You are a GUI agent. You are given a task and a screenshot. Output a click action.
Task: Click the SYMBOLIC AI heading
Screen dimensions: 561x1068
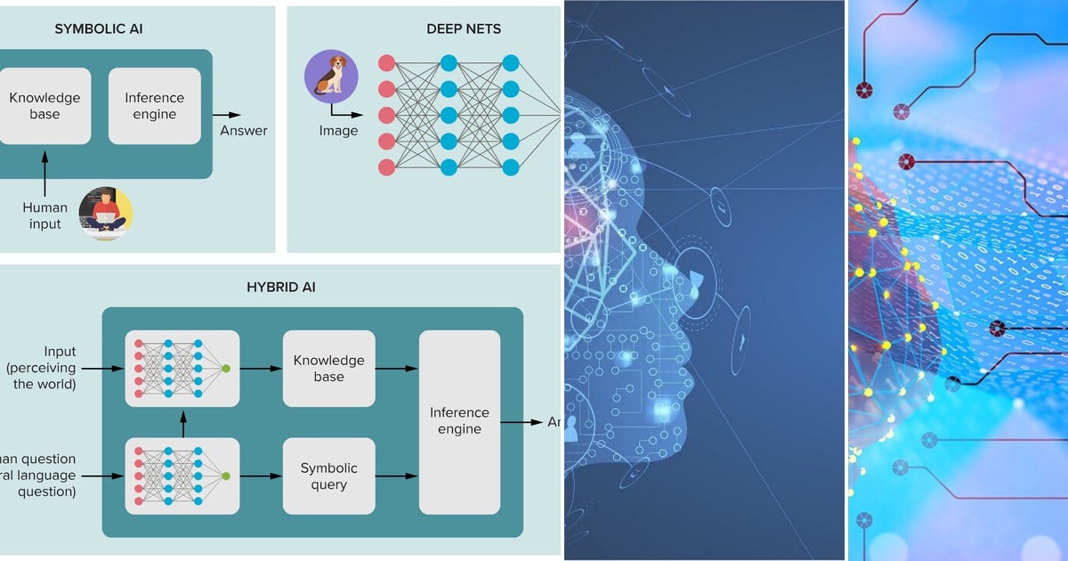[x=99, y=29]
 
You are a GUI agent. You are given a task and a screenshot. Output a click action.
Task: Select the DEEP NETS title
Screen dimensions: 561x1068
[x=463, y=29]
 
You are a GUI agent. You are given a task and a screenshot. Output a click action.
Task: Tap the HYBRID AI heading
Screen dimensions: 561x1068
[x=280, y=287]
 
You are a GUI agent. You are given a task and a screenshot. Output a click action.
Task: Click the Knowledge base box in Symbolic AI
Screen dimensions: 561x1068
[x=44, y=106]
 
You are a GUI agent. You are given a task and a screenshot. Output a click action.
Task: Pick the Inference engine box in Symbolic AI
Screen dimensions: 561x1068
[x=154, y=106]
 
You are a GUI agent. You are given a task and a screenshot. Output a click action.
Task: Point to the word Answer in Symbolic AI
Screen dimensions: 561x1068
[x=243, y=131]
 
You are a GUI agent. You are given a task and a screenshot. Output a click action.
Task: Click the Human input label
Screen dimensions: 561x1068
[x=44, y=215]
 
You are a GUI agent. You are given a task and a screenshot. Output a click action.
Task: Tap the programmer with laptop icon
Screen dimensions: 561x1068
[x=105, y=214]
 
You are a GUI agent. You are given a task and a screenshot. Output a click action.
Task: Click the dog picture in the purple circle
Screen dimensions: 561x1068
[x=331, y=77]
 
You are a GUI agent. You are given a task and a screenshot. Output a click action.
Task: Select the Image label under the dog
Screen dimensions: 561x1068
[x=338, y=131]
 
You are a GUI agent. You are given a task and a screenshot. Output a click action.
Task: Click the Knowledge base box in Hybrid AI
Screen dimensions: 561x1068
[x=328, y=369]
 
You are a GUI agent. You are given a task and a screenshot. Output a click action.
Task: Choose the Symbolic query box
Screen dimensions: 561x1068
[x=328, y=476]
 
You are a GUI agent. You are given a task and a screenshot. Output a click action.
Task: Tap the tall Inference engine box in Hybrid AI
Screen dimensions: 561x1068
[x=459, y=421]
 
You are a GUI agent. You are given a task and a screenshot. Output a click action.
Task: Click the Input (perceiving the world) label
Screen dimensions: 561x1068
[x=53, y=368]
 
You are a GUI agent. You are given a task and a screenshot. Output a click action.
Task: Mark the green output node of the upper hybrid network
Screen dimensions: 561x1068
[x=226, y=369]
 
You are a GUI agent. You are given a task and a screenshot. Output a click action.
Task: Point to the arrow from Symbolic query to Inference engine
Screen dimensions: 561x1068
[x=397, y=476]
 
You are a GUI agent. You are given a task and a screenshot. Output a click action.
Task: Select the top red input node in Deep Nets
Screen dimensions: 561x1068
[x=386, y=63]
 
